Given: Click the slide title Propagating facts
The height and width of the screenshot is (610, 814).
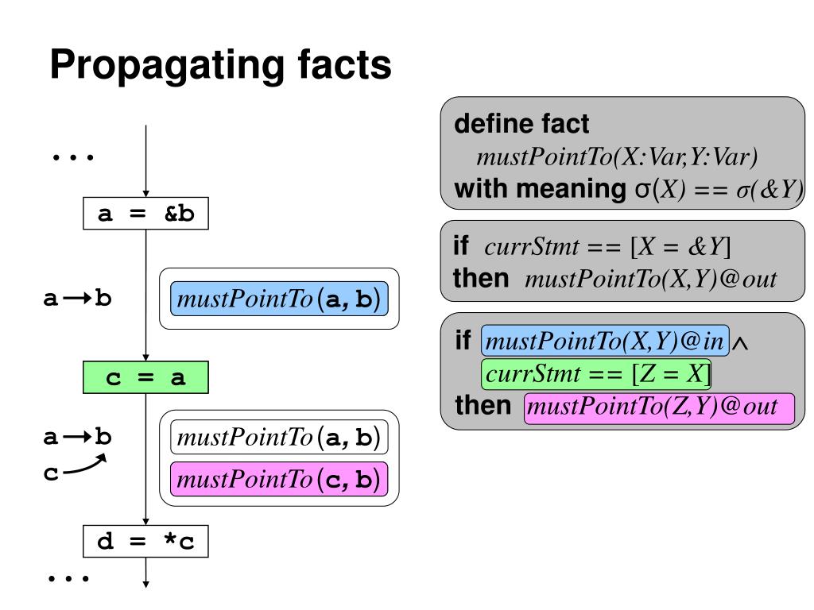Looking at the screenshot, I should pos(220,66).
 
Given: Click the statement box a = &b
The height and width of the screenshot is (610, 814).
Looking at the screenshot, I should pos(146,214).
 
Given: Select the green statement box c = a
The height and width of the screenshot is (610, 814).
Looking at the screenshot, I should pos(146,377).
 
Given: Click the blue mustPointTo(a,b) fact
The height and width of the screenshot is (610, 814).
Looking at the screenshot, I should pos(279,299).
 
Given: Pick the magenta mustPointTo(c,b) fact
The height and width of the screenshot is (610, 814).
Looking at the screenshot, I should pos(279,479).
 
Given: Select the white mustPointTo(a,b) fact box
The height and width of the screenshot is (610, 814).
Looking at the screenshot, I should pos(279,438).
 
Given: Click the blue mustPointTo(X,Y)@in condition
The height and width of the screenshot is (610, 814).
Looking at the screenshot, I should pos(606,342).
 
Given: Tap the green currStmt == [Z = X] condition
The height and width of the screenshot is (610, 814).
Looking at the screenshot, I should pos(595,373).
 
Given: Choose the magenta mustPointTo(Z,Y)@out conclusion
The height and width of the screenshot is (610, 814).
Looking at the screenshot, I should pos(659,407).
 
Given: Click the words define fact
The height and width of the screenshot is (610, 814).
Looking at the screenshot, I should pos(521,125).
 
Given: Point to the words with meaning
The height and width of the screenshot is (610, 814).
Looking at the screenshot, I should pos(539,191).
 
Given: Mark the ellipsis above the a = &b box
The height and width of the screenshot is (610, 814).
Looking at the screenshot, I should pos(73,157).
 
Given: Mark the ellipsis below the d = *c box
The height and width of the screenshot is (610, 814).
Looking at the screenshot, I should pos(68,577).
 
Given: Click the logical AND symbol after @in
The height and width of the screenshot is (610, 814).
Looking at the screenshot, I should pos(743,343).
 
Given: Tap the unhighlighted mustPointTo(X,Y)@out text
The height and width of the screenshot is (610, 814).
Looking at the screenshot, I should pos(650,280).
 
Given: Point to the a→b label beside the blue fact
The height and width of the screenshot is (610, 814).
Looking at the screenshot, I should pos(77,299).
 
